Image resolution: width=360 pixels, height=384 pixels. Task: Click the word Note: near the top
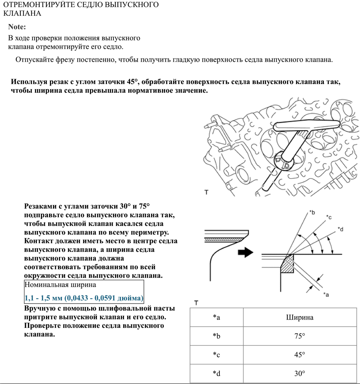click(x=17, y=27)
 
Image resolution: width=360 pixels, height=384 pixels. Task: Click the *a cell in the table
click(x=216, y=317)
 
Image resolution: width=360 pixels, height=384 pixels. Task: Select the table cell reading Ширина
click(x=300, y=317)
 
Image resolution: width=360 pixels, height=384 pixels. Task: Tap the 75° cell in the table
click(x=300, y=336)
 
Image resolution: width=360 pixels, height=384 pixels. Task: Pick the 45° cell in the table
click(x=300, y=355)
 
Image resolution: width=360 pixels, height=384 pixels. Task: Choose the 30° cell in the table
click(x=300, y=374)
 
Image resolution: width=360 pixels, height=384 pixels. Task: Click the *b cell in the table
click(x=216, y=336)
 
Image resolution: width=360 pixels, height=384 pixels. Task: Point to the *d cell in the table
click(x=216, y=374)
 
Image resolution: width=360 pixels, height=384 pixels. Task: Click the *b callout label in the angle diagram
click(x=312, y=212)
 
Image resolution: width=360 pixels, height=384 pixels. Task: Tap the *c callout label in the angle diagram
click(x=329, y=217)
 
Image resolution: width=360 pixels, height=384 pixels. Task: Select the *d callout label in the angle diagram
click(x=340, y=229)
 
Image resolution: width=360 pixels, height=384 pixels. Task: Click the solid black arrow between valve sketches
click(x=246, y=253)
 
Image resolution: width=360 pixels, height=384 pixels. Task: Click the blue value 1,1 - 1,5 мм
click(x=84, y=298)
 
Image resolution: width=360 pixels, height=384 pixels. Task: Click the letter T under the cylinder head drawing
click(x=206, y=192)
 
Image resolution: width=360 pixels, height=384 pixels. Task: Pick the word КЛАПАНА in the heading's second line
click(x=22, y=13)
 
